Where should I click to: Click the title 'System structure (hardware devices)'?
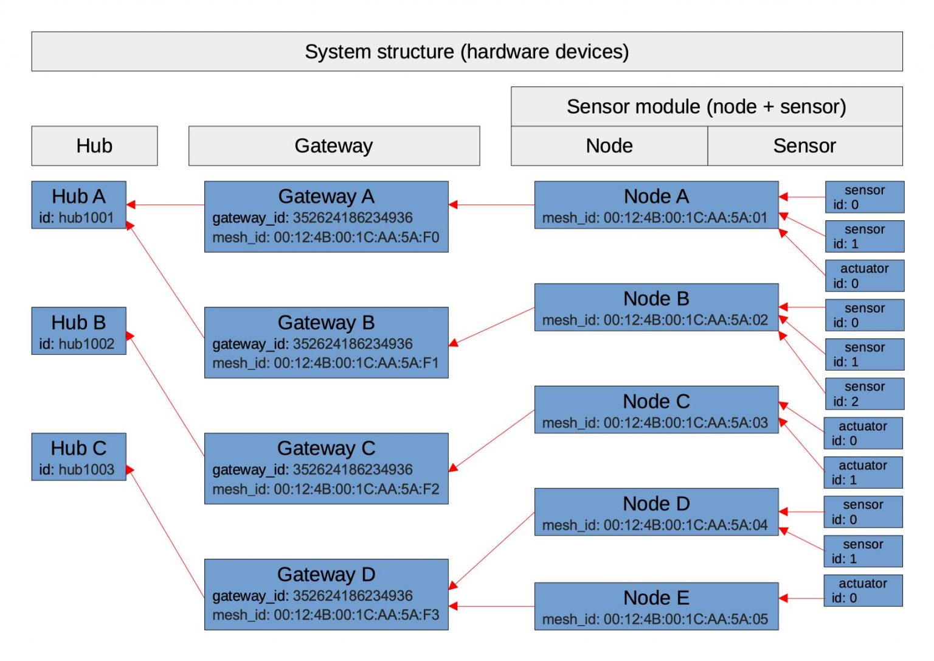466,52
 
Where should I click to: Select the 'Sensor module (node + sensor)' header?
706,107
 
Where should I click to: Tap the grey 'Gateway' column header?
333,146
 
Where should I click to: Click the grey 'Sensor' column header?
804,146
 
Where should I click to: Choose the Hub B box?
78,330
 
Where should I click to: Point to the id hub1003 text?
77,470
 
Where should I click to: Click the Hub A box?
78,205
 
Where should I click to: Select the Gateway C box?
326,468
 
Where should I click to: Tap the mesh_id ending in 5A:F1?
325,363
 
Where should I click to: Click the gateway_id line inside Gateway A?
312,218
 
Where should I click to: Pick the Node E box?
656,606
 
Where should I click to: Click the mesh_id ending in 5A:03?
655,423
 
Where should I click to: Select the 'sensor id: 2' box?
864,394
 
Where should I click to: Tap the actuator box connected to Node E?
862,590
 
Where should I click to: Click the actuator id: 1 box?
862,472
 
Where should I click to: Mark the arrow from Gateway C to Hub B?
165,396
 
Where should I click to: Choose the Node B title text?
656,299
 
